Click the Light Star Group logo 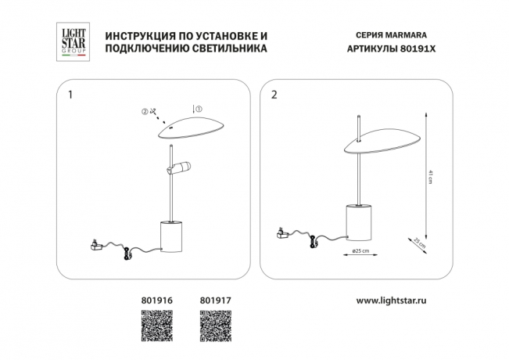pyautogui.click(x=73, y=42)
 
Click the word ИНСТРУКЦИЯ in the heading pyautogui.click(x=136, y=36)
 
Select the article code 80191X pyautogui.click(x=418, y=49)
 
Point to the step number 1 pyautogui.click(x=70, y=95)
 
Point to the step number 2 pyautogui.click(x=274, y=95)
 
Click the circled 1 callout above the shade pyautogui.click(x=199, y=109)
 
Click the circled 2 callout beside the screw pyautogui.click(x=145, y=111)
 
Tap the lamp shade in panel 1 pyautogui.click(x=192, y=128)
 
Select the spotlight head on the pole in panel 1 pyautogui.click(x=178, y=167)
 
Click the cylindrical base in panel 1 pyautogui.click(x=171, y=237)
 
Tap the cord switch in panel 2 pyautogui.click(x=314, y=242)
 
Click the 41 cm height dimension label pyautogui.click(x=431, y=177)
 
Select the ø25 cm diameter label pyautogui.click(x=360, y=251)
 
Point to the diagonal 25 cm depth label pyautogui.click(x=420, y=243)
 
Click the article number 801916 pyautogui.click(x=157, y=301)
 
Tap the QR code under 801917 pyautogui.click(x=216, y=326)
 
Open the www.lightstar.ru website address pyautogui.click(x=392, y=301)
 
